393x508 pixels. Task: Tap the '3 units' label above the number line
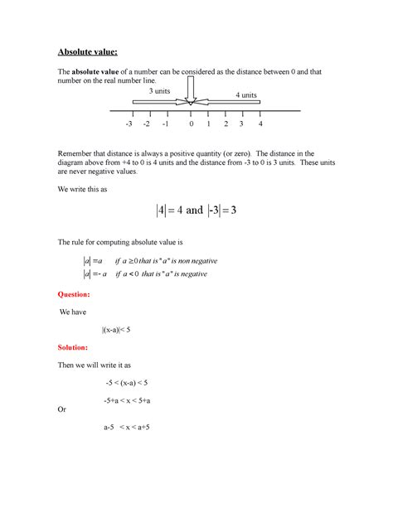(x=160, y=91)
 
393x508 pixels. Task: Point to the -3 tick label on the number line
(x=129, y=125)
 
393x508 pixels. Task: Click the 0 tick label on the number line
(x=191, y=125)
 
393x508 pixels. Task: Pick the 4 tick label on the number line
(x=260, y=125)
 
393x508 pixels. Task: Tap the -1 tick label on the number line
(x=166, y=125)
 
